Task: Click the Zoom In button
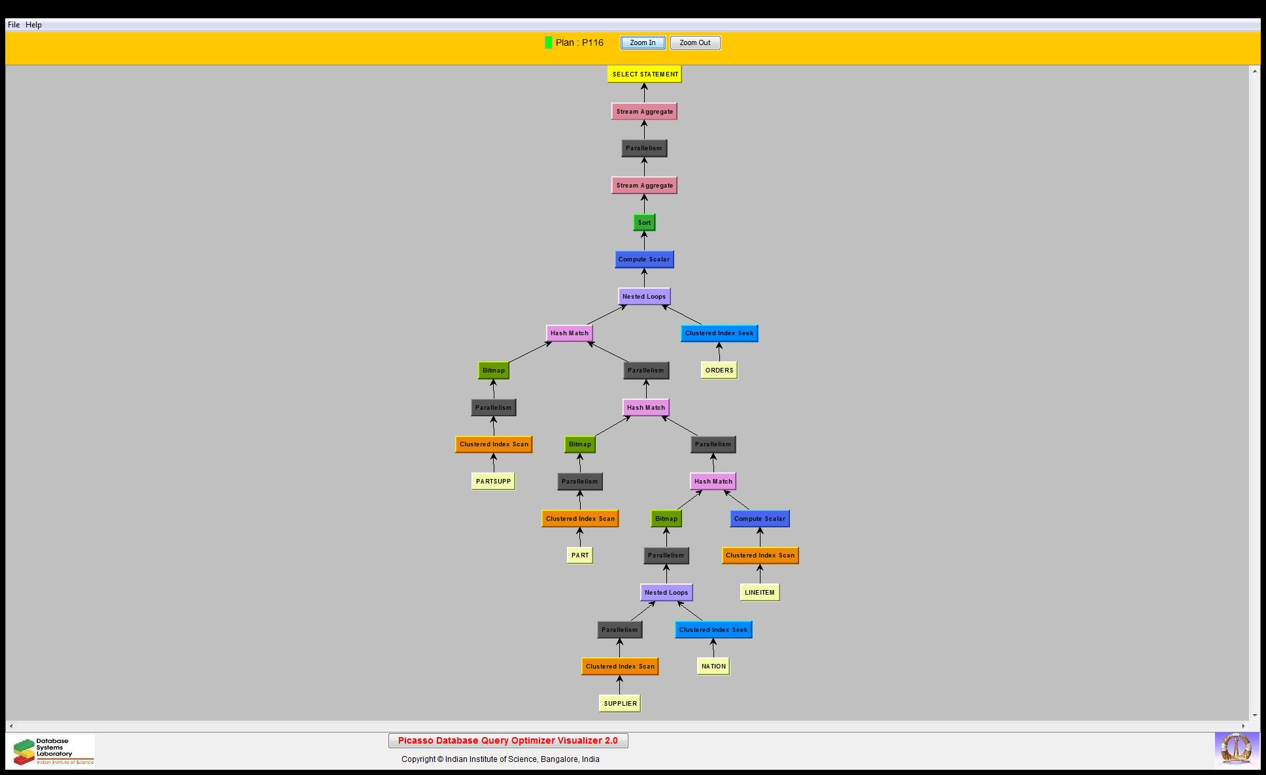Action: point(643,43)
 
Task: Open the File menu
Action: point(14,25)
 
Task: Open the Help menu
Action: point(33,25)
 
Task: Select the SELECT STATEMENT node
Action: point(645,74)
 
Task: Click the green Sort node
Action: point(644,223)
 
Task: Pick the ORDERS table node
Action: point(719,371)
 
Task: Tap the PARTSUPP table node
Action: point(494,482)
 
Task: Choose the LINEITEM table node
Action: point(760,593)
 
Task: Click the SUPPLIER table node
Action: point(620,704)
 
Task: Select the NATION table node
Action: point(713,667)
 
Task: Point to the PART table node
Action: point(580,555)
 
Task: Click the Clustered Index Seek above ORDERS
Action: point(719,333)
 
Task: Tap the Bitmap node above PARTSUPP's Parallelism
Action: point(494,371)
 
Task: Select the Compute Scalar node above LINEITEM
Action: point(760,519)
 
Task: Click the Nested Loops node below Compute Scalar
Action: point(644,297)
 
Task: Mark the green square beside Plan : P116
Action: point(549,42)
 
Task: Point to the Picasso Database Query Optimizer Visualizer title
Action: point(508,741)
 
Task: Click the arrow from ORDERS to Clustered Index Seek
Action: point(719,352)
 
